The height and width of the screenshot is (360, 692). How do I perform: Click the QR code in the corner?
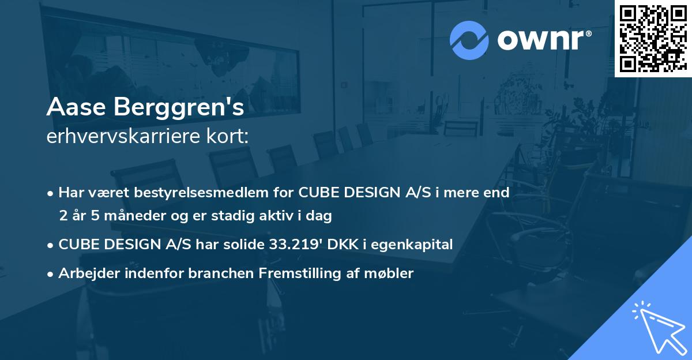(x=653, y=38)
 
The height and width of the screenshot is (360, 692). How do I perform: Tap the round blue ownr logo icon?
(x=470, y=39)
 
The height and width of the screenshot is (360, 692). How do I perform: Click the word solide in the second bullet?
(x=243, y=245)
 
